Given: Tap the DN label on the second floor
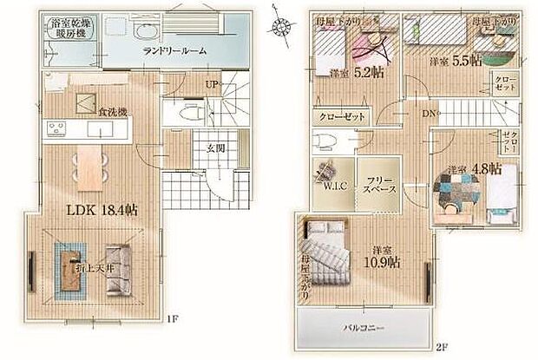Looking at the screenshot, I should [429, 114].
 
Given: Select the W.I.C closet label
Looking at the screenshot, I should [334, 184].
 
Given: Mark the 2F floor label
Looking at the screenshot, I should [443, 348].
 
